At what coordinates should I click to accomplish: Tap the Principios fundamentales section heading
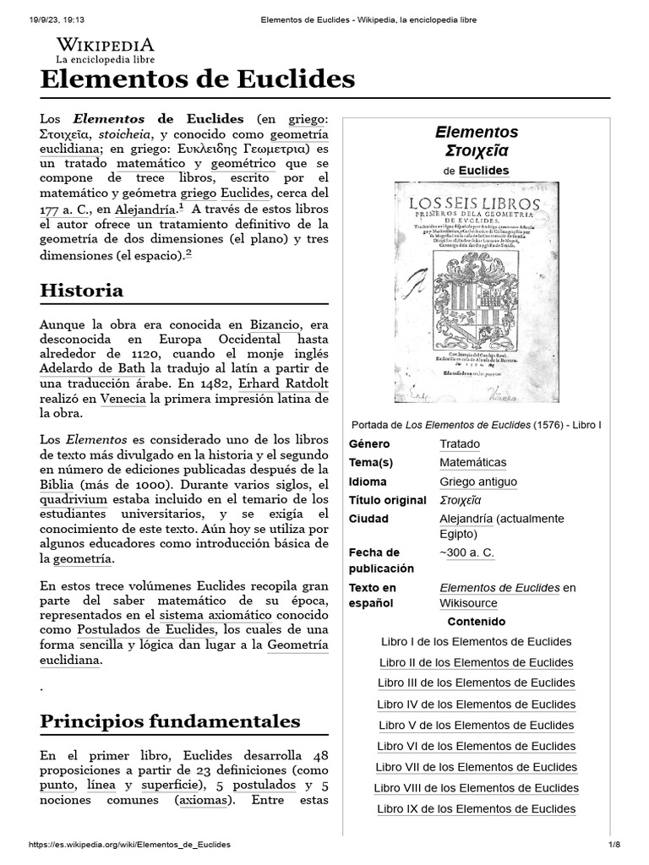tap(170, 721)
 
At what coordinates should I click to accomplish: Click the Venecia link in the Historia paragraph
tap(123, 399)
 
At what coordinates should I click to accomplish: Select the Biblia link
tap(57, 485)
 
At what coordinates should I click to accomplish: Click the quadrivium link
tap(79, 499)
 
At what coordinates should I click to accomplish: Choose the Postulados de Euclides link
tap(146, 630)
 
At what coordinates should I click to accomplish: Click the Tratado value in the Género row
tap(459, 444)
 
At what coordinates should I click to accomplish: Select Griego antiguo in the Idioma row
tap(478, 481)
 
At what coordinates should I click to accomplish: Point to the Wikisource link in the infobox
tap(468, 603)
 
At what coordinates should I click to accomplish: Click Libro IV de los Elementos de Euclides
tap(477, 705)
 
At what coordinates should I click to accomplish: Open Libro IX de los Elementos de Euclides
tap(477, 808)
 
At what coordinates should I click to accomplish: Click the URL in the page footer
tap(129, 845)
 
